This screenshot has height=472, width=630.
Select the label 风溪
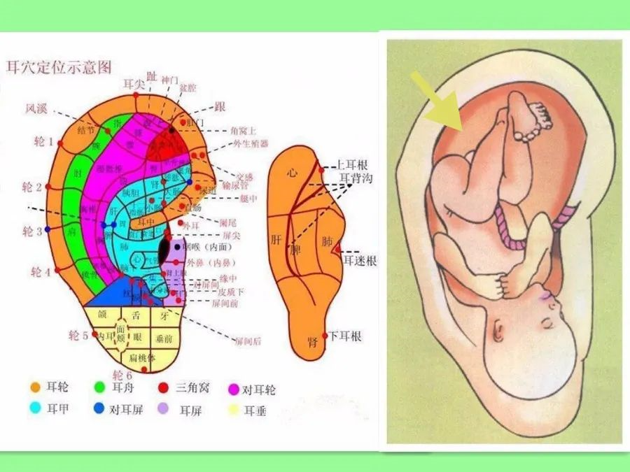pos(37,108)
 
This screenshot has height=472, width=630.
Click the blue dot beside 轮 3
pos(48,229)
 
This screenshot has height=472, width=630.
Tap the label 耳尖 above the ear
pos(133,84)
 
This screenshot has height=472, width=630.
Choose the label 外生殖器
pos(250,145)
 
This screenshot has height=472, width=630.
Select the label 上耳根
pos(353,165)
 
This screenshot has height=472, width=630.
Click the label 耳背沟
pos(357,179)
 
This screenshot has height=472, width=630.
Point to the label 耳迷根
pos(360,261)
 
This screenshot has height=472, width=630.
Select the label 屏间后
pos(248,341)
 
